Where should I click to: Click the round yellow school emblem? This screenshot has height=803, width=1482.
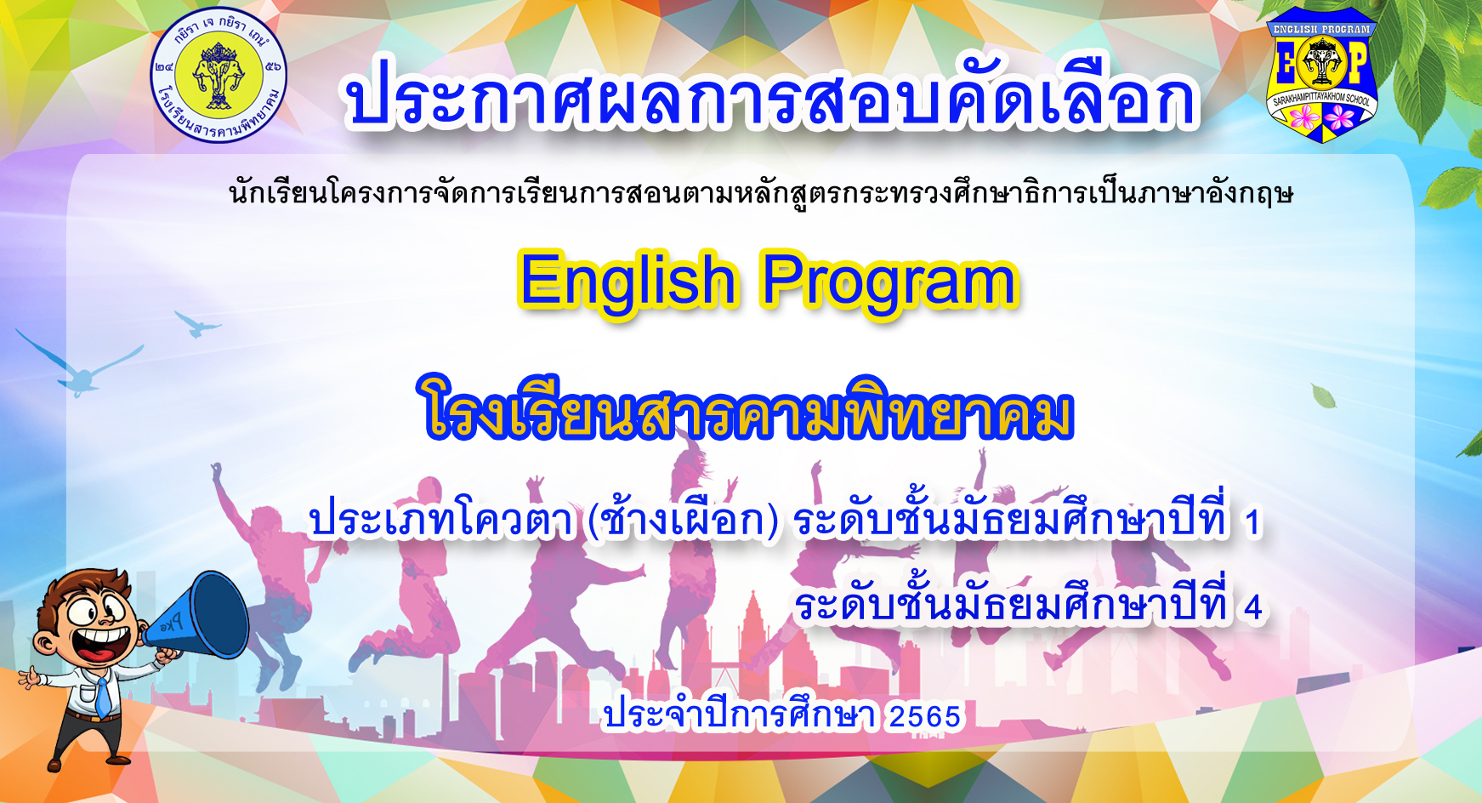tap(219, 75)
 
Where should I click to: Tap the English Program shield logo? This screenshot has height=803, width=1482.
tap(1322, 75)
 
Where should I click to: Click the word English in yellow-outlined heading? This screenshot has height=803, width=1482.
tap(627, 282)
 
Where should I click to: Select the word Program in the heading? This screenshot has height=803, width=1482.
tap(889, 282)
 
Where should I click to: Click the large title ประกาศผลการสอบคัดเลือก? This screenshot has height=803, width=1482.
tap(771, 95)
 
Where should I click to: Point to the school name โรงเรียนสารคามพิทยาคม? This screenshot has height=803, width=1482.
tap(749, 409)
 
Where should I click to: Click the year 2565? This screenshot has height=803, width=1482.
tap(925, 717)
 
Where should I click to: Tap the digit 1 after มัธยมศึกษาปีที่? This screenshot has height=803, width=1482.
tap(1252, 523)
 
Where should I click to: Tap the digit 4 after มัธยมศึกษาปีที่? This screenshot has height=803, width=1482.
tap(1252, 607)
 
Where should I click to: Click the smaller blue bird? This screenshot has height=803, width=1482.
tap(197, 323)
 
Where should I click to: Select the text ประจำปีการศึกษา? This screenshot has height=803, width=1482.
tap(739, 715)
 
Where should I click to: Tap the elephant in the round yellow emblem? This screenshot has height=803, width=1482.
tap(219, 75)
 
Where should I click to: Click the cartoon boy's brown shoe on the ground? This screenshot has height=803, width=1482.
tap(64, 762)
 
